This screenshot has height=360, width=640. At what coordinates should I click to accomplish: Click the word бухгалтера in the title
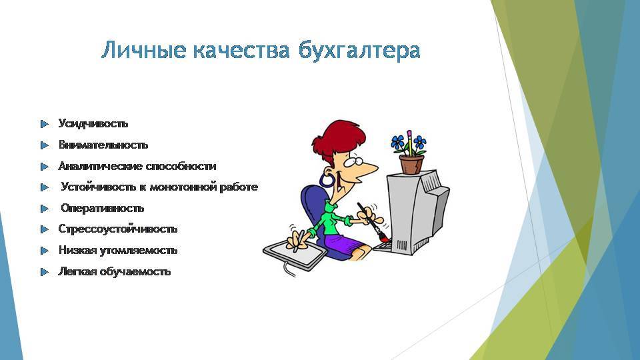click(359, 51)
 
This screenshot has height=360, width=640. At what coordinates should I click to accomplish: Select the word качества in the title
click(241, 51)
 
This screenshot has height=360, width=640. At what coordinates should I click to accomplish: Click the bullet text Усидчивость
click(93, 124)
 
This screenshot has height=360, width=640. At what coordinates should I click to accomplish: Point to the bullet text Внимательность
click(103, 145)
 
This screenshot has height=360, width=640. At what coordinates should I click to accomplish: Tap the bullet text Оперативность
click(103, 208)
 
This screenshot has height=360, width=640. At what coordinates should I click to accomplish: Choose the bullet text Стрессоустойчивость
click(118, 229)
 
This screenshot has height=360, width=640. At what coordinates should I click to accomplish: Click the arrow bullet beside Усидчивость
click(45, 124)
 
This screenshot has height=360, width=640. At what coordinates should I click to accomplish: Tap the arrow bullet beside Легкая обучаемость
click(45, 272)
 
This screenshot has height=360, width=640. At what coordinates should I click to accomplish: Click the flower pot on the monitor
click(411, 164)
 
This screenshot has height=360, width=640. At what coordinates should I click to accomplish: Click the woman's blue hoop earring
click(327, 179)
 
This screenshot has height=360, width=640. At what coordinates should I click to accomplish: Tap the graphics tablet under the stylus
click(295, 254)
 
